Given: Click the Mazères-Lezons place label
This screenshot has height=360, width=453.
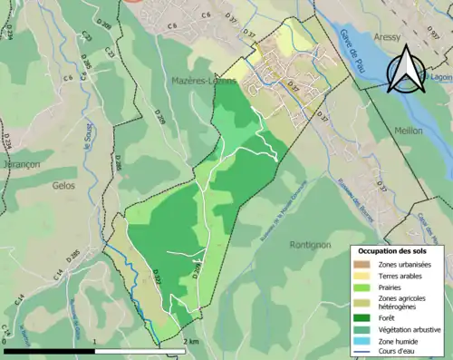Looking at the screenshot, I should click(x=204, y=82).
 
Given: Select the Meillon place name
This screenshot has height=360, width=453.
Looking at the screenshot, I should click(x=409, y=130).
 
